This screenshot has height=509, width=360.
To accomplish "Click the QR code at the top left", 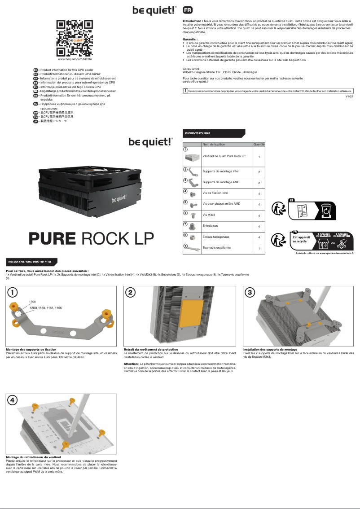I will (75, 37).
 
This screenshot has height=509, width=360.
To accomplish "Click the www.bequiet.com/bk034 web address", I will (75, 59).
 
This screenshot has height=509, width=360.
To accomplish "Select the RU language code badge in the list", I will (36, 104).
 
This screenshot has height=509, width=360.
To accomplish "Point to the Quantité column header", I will (259, 145).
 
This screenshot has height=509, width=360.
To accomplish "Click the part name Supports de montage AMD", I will (221, 182).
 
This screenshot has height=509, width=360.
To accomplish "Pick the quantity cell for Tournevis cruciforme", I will (259, 248).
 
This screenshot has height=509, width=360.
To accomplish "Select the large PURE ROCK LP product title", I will (91, 237).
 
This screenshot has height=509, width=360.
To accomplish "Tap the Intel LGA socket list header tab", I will (30, 261).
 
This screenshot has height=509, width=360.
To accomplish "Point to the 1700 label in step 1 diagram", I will (32, 301).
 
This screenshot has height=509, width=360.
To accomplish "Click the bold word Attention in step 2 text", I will (131, 364).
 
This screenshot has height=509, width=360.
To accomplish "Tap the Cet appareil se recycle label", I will (301, 239).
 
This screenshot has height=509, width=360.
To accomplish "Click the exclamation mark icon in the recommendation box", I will (185, 91).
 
